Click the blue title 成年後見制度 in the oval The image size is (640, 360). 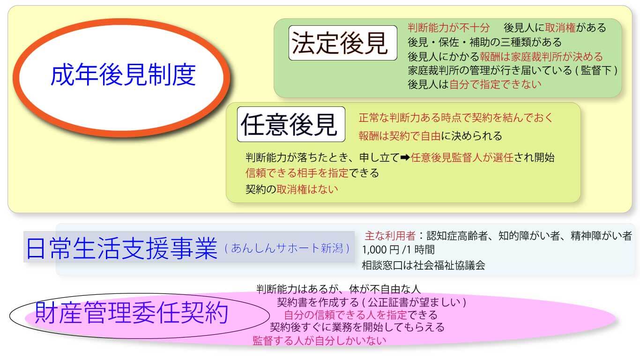tap(123, 75)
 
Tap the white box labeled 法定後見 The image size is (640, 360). tap(342, 43)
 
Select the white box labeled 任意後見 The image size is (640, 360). tap(291, 124)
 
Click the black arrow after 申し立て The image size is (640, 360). tap(405, 157)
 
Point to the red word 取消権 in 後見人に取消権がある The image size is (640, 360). tap(560, 28)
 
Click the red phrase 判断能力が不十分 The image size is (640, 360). tap(448, 28)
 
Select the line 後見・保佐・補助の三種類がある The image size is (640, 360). tap(484, 42)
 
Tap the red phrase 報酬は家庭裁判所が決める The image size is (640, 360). tap(541, 57)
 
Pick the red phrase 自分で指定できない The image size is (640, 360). tap(495, 84)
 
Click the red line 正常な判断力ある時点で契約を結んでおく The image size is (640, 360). tap(456, 118)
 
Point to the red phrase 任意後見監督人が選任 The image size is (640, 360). tap(462, 157)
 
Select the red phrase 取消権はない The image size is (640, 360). tap(307, 189)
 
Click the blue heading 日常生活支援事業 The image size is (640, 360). tap(122, 248)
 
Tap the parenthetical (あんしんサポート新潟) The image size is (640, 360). tap(287, 248)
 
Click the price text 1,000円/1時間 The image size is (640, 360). tap(398, 250)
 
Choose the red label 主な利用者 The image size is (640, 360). tap(390, 236)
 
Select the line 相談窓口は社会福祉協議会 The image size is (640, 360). tap(424, 265)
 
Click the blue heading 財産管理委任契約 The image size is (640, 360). tap(132, 313)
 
